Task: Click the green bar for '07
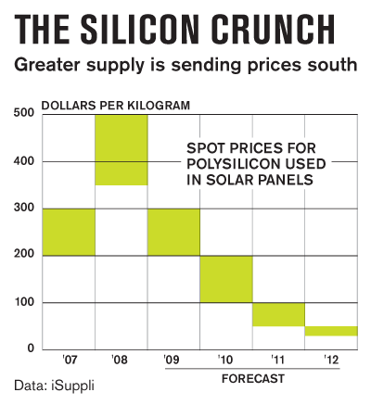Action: click(69, 232)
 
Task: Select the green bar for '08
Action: click(122, 149)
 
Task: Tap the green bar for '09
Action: click(173, 232)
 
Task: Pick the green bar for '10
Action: click(226, 279)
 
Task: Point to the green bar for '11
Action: click(278, 314)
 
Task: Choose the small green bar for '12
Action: click(331, 331)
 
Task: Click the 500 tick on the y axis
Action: click(24, 113)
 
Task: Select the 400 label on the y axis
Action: click(24, 161)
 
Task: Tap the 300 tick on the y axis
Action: click(24, 209)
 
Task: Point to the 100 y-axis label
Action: click(24, 303)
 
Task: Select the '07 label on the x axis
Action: click(69, 360)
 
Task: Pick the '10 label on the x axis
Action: click(226, 360)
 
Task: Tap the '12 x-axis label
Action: click(331, 360)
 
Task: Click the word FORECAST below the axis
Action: click(252, 379)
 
